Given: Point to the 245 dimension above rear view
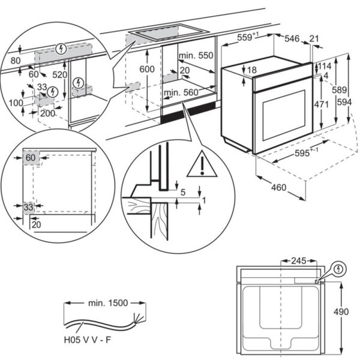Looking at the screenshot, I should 298,261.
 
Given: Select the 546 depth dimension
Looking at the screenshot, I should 292,38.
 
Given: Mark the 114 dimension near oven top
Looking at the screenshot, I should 325,67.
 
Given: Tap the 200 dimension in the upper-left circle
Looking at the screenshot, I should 48,113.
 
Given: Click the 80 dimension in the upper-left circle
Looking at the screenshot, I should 16,61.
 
